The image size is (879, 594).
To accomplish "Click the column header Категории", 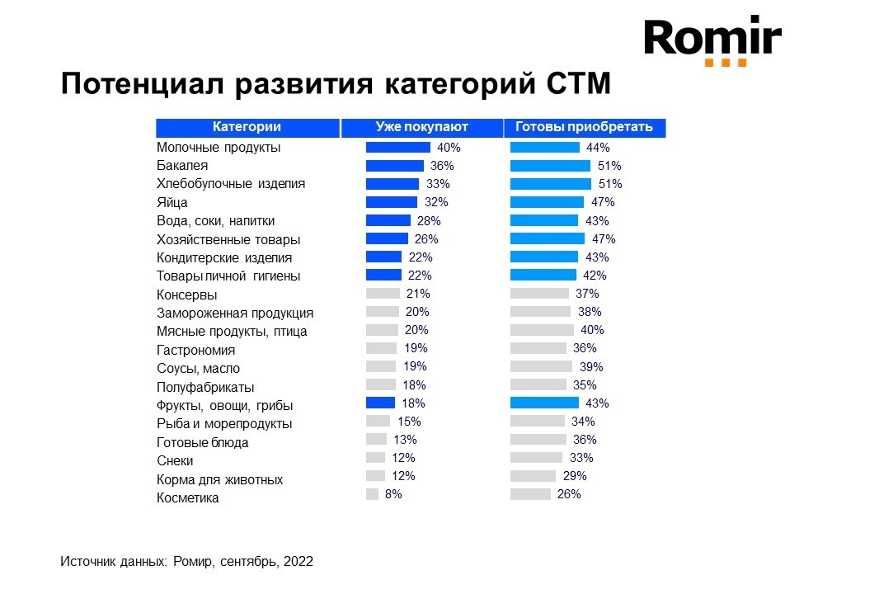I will click(x=247, y=127).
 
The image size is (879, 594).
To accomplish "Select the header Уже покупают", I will click(x=421, y=127).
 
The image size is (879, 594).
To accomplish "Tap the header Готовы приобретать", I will click(x=584, y=127).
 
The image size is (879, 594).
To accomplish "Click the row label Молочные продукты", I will click(x=219, y=148).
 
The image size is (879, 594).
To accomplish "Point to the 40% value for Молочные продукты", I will click(x=449, y=148).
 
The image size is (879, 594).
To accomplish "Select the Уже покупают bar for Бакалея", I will click(x=395, y=166).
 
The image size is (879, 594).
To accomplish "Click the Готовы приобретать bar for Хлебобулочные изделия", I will click(x=550, y=184).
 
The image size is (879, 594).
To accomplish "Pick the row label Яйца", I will click(x=172, y=203).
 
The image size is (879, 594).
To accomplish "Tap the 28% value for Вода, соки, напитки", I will click(x=429, y=221).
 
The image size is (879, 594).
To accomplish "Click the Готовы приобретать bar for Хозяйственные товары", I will click(x=547, y=239).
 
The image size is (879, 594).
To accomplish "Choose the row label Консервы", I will click(x=187, y=295).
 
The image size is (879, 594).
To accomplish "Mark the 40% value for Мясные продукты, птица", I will click(x=592, y=330).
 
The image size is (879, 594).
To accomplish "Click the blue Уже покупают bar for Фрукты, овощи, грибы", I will click(x=380, y=403).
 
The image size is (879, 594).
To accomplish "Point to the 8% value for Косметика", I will click(x=393, y=494).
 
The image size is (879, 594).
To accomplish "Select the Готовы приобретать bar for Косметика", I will click(x=530, y=494).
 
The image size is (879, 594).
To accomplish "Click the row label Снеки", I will click(x=175, y=461).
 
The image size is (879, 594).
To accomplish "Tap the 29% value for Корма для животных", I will click(x=575, y=476).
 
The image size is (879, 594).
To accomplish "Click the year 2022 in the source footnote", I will click(x=298, y=562).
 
